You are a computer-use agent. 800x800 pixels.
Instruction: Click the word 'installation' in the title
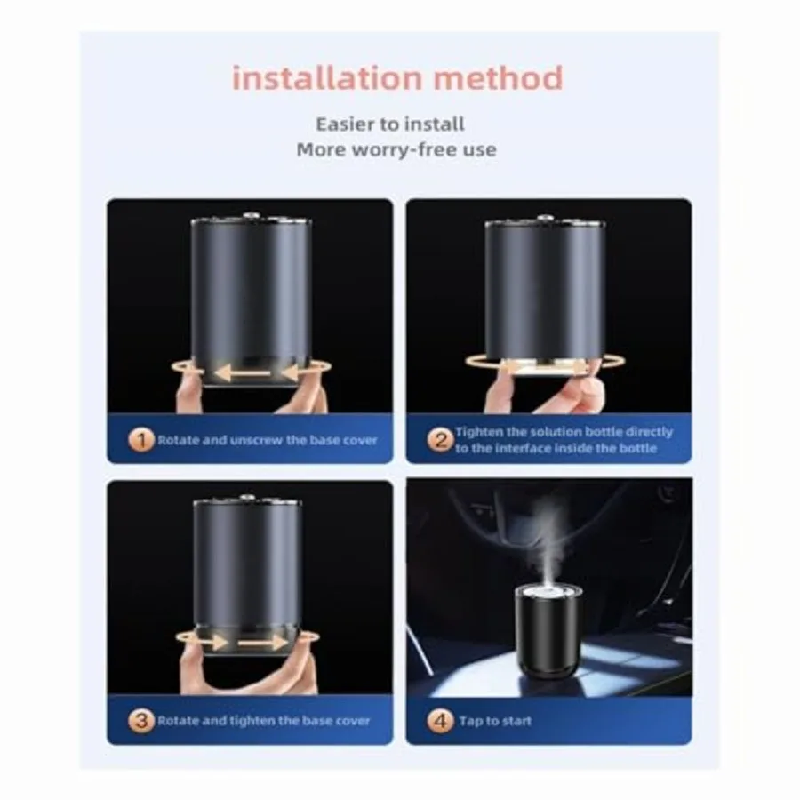(x=327, y=78)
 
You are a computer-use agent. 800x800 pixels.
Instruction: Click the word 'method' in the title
(x=499, y=78)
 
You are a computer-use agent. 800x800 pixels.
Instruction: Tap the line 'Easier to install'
(x=390, y=124)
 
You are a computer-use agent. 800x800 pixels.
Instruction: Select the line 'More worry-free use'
(x=396, y=149)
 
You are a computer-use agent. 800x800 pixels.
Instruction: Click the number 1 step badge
(x=140, y=440)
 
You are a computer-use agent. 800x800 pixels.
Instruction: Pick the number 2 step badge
(x=440, y=440)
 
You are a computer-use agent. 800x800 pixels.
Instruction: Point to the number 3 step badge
(x=140, y=720)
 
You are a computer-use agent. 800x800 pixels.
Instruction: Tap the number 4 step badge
(x=440, y=720)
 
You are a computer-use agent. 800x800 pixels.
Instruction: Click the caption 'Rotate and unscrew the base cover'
(x=268, y=440)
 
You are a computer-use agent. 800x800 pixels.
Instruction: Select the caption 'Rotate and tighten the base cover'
(x=264, y=721)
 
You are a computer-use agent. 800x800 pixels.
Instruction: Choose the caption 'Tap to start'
(x=495, y=721)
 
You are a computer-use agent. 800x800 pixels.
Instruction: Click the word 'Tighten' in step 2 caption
(x=479, y=432)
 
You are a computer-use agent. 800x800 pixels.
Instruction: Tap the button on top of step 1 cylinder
(x=251, y=216)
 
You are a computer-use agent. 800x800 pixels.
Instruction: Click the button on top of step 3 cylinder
(x=247, y=498)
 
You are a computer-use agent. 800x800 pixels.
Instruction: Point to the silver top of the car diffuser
(x=548, y=592)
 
